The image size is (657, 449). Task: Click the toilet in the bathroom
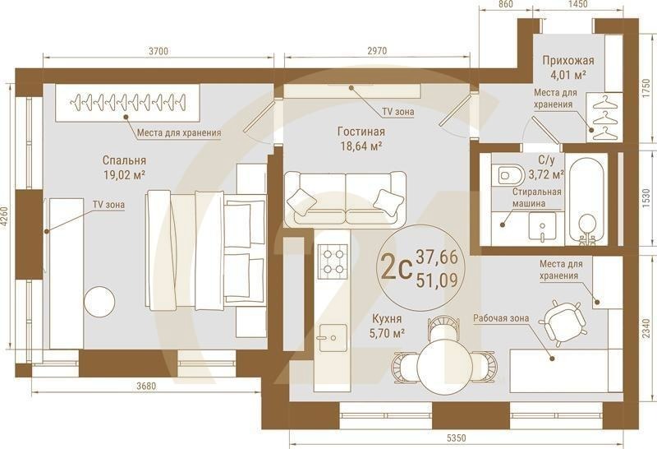(508, 174)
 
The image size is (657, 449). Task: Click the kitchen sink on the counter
(333, 338)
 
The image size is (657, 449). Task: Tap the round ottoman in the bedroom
(99, 303)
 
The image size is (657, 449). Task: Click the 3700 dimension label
(159, 51)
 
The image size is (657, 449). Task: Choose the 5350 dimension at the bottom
(456, 438)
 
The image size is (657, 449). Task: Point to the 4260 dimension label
(4, 217)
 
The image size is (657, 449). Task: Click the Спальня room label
(124, 160)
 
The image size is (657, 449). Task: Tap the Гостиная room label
(361, 132)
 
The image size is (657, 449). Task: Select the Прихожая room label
(568, 61)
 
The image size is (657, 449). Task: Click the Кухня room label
(387, 319)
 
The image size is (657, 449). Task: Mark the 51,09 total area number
(437, 280)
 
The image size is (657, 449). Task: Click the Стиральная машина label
(537, 197)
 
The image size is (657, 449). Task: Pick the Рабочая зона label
(501, 318)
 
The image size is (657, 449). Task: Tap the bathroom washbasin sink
(542, 226)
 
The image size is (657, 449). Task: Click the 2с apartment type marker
(395, 269)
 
